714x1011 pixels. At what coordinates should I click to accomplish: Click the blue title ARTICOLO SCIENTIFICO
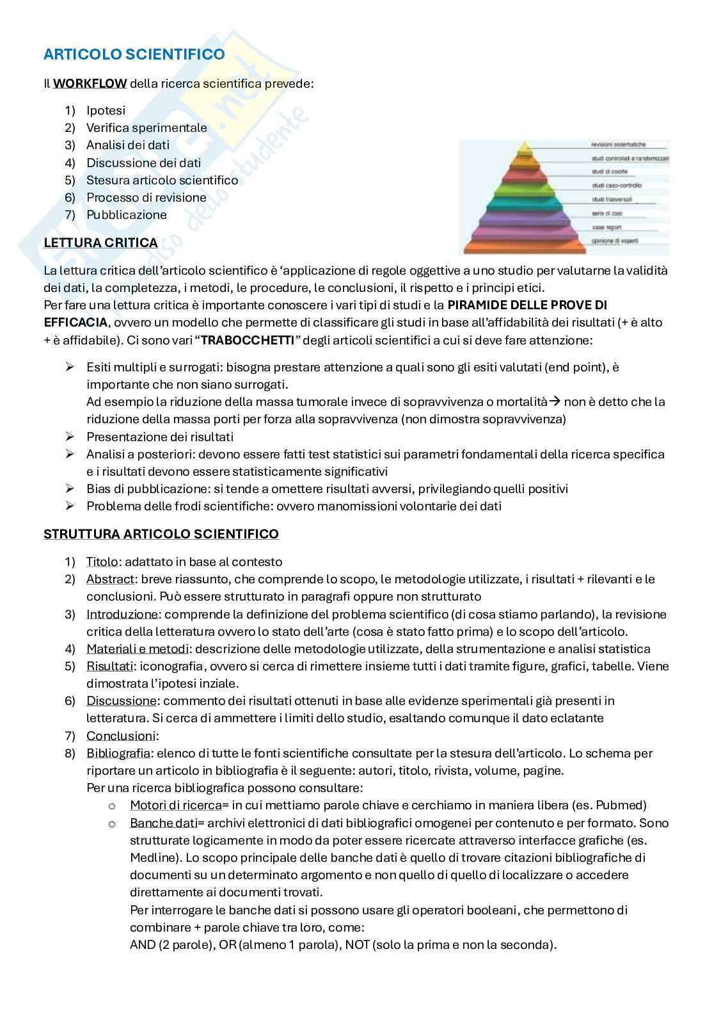pos(134,54)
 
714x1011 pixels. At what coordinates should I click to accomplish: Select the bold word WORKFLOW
pos(90,83)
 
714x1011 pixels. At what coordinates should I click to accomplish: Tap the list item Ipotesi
pos(106,110)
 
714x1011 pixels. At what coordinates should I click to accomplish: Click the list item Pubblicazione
pos(126,214)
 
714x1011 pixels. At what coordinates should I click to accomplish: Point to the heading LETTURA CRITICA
pos(100,243)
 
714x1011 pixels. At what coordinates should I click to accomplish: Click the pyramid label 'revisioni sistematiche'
pos(619,145)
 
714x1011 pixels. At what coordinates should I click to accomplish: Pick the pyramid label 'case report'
pos(607,227)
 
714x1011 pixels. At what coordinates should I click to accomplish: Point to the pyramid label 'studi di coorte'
pos(610,172)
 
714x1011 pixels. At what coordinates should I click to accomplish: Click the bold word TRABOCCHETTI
pos(247,339)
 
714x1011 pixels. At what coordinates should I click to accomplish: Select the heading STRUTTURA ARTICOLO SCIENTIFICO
pos(161,534)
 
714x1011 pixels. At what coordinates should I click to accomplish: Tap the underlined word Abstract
pos(110,579)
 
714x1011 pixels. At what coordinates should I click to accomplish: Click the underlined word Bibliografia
pos(118,753)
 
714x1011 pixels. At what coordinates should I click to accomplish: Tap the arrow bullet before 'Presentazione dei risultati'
pos(70,437)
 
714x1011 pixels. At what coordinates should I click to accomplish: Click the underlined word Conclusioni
pos(121,736)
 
